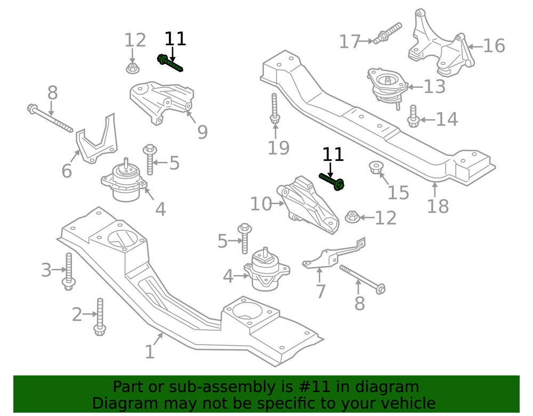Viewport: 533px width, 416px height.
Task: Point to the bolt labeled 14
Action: pos(413,117)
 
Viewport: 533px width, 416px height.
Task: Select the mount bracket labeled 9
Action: pos(163,101)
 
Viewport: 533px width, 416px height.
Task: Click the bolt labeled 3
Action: pos(69,272)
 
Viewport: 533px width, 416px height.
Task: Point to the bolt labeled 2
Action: pos(100,317)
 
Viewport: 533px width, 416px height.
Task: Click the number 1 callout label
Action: pos(150,352)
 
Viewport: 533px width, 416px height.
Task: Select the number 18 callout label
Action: pos(438,206)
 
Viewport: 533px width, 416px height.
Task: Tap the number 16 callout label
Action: pos(494,46)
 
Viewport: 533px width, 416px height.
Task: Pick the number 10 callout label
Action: pos(261,203)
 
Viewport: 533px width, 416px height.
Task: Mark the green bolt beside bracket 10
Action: pos(332,181)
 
